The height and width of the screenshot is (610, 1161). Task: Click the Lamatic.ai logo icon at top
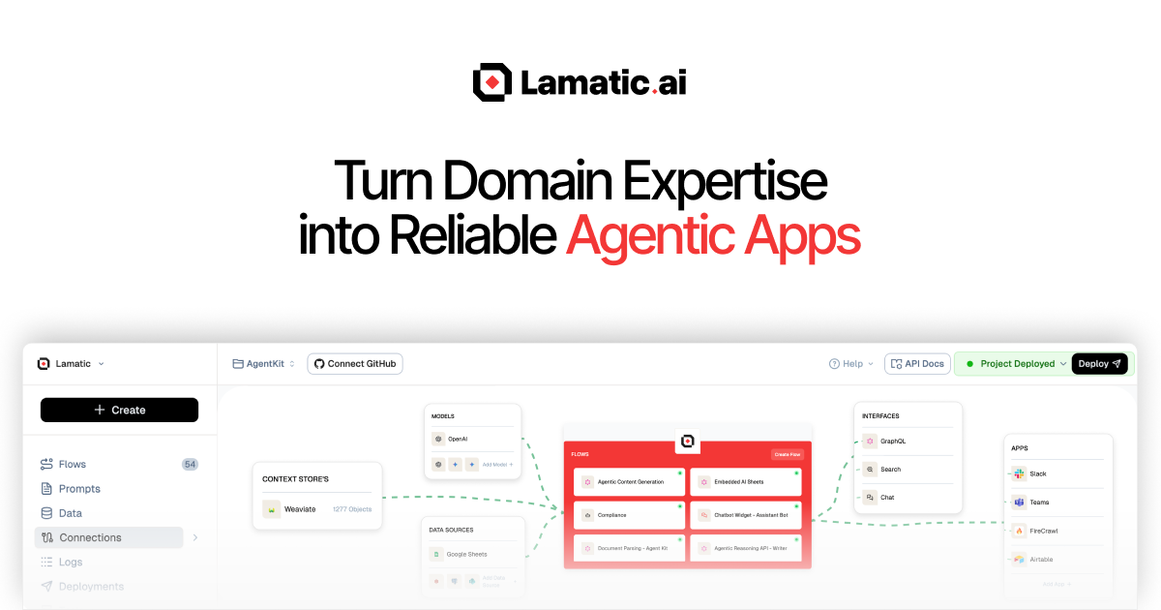click(491, 82)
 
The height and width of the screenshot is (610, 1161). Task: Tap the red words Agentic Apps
click(713, 235)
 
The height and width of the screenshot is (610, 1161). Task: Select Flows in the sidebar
click(73, 464)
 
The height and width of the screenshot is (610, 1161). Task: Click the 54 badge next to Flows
click(190, 464)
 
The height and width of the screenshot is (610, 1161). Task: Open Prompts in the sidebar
click(79, 489)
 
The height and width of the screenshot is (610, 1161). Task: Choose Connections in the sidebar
click(90, 537)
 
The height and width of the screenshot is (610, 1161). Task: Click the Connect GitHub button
click(355, 364)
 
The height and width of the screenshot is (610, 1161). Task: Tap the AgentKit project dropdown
click(263, 364)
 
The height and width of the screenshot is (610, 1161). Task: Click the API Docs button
click(917, 364)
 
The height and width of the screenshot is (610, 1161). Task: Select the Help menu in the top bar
click(851, 364)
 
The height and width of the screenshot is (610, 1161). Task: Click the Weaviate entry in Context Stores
click(300, 509)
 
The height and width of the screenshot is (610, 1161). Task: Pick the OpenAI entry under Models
click(457, 439)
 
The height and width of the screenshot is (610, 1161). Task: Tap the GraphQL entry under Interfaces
click(891, 442)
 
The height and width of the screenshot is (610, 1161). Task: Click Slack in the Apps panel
click(1037, 473)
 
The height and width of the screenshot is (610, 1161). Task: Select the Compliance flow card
click(629, 515)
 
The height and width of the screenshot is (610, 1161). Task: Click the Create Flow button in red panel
click(787, 454)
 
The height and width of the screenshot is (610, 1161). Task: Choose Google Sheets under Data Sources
click(466, 554)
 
